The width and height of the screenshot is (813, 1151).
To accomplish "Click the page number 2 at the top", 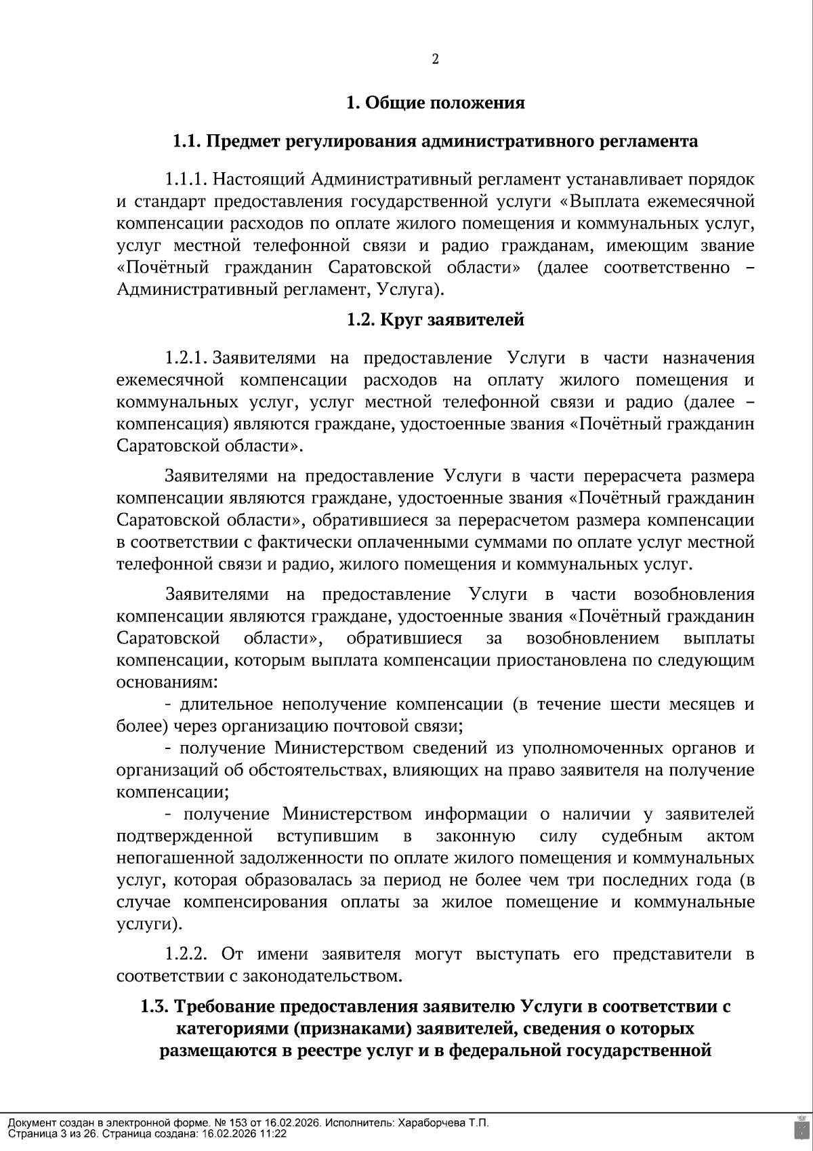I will pos(435,60).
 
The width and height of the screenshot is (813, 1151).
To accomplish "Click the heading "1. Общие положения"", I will pos(435,103).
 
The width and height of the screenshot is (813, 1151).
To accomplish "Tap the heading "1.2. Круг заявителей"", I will pos(435,319).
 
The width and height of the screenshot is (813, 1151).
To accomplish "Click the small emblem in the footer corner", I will pos(801,1128).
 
